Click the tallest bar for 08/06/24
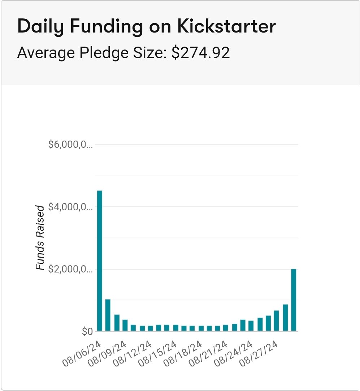(x=100, y=260)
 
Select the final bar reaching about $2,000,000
(x=294, y=300)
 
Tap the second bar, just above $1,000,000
(x=108, y=315)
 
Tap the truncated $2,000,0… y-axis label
(x=70, y=269)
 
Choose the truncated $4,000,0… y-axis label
(x=70, y=207)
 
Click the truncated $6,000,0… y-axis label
(x=70, y=145)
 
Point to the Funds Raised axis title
(x=40, y=238)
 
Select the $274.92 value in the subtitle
(x=200, y=53)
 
